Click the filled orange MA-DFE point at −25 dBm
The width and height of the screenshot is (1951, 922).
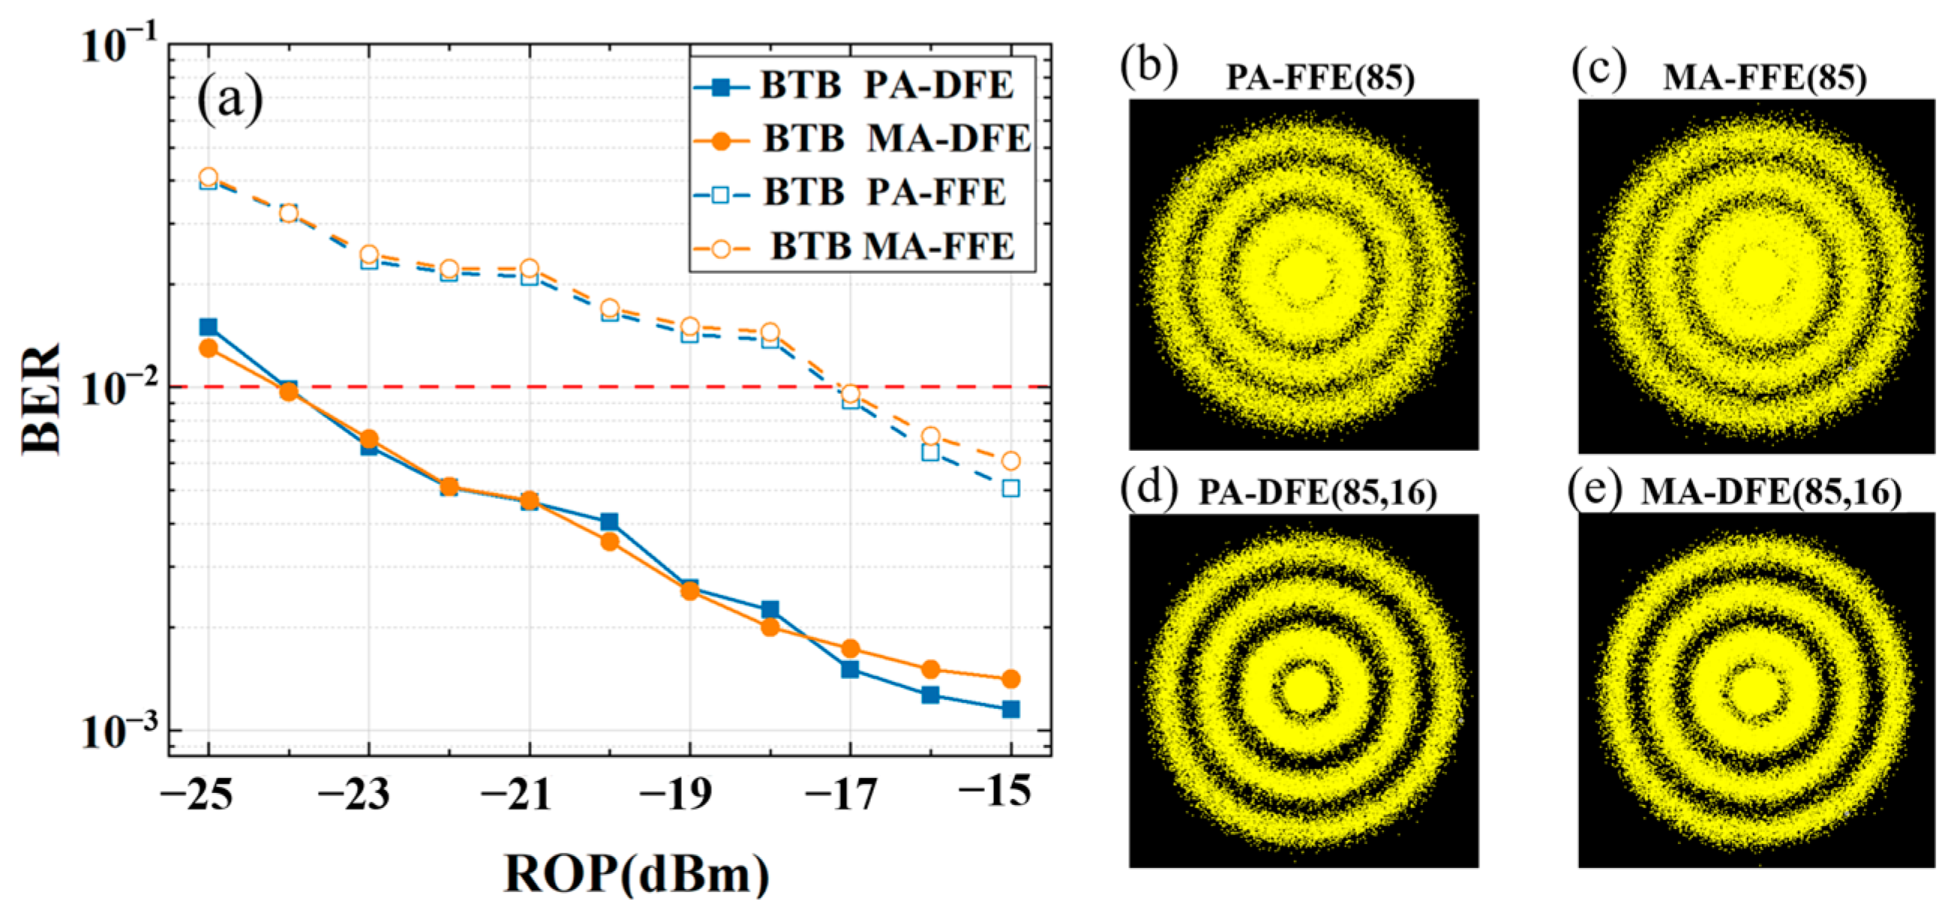pyautogui.click(x=209, y=349)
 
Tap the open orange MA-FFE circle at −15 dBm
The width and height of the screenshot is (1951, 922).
pyautogui.click(x=1010, y=461)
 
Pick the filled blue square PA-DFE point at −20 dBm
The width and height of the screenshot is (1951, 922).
pyautogui.click(x=610, y=522)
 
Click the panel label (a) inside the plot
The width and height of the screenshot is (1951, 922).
pyautogui.click(x=230, y=99)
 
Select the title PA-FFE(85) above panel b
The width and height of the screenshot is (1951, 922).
pyautogui.click(x=1320, y=78)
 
